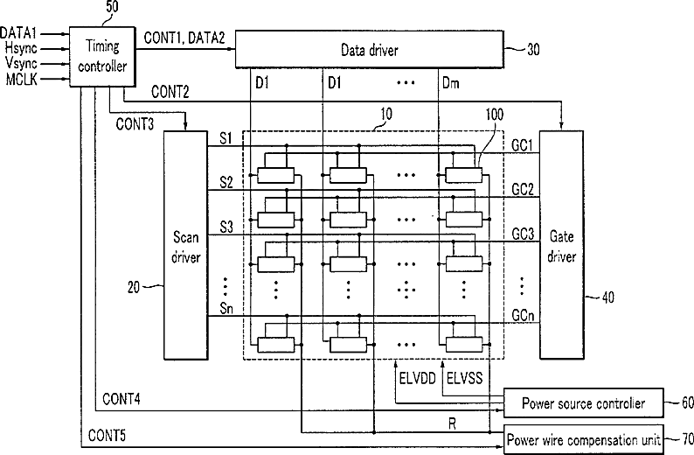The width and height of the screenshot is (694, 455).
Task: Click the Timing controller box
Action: click(x=102, y=56)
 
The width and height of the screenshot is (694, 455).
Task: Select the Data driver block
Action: click(x=369, y=49)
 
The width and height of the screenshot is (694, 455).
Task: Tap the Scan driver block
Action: click(x=186, y=245)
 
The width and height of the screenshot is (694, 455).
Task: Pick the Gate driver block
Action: click(x=561, y=244)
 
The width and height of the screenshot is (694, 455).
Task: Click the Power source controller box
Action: click(x=584, y=403)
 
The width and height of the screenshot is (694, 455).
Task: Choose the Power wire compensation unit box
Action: click(x=584, y=440)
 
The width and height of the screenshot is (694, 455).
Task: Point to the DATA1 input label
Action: click(x=18, y=32)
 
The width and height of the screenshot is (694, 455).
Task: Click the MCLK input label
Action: click(x=22, y=80)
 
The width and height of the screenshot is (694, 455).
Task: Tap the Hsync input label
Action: click(x=21, y=48)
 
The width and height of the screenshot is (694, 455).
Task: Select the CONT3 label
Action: click(x=135, y=124)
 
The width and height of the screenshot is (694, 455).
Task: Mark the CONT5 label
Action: click(x=107, y=436)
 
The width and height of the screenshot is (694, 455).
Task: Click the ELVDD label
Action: click(x=418, y=378)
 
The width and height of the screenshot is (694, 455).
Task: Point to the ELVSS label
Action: click(x=465, y=378)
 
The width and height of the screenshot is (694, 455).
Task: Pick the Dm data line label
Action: click(x=450, y=83)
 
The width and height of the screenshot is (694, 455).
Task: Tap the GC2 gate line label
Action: click(x=523, y=190)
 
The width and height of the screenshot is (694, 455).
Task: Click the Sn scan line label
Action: click(x=226, y=308)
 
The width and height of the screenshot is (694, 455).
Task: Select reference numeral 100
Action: click(x=495, y=115)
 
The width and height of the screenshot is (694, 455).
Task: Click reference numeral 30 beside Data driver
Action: click(x=533, y=49)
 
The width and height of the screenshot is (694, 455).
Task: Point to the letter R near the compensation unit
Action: click(x=452, y=424)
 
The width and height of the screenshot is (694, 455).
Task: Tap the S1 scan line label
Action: click(x=226, y=138)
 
